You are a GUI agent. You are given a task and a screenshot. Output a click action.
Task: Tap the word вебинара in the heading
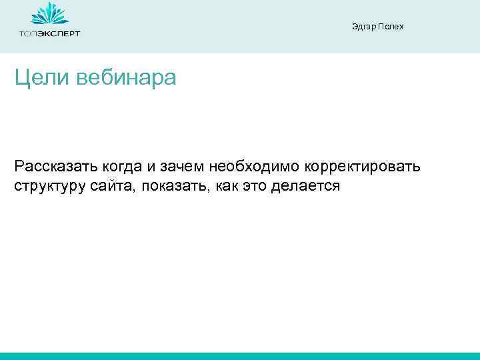(127, 79)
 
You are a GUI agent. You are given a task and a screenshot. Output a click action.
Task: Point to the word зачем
(185, 165)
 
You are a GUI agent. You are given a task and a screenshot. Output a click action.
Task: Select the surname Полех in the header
(391, 27)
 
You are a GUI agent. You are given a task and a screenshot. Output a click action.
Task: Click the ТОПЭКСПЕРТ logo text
(49, 33)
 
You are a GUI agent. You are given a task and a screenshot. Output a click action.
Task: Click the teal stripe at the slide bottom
(240, 356)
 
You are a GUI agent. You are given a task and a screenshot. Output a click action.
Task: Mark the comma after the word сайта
(135, 190)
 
